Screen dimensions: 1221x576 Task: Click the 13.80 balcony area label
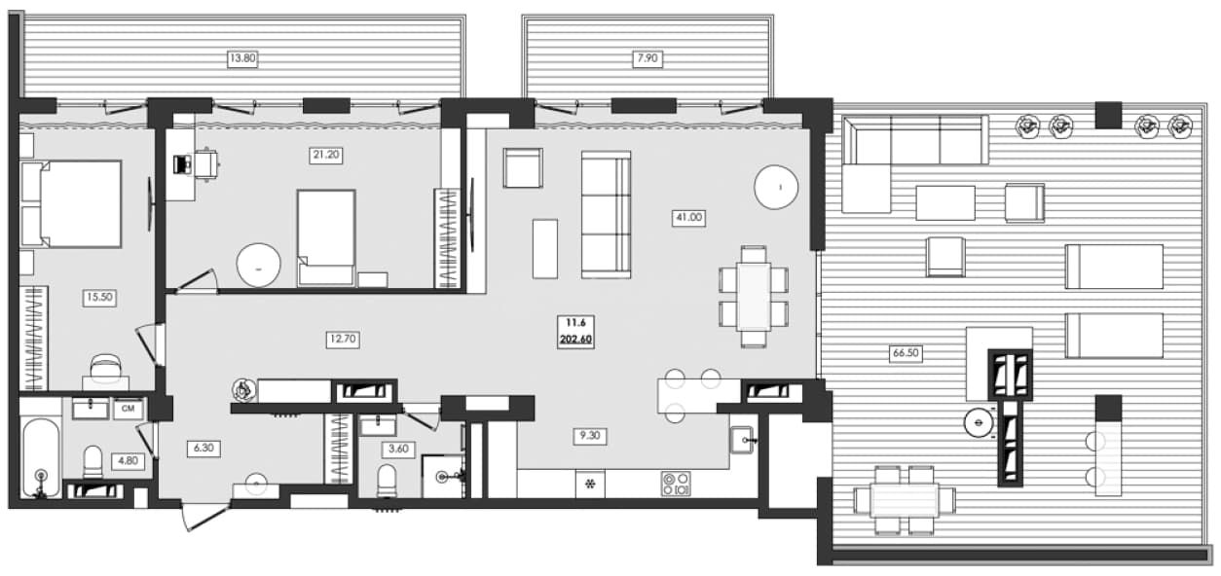[x=242, y=58]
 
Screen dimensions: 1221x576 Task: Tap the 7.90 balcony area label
[x=647, y=58]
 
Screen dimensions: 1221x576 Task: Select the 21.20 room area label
[x=326, y=155]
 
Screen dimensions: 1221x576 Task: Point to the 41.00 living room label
[x=689, y=217]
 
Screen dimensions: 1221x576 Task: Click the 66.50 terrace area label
[x=906, y=353]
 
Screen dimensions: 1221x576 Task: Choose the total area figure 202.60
[x=575, y=340]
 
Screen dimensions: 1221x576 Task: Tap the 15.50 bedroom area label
[x=99, y=298]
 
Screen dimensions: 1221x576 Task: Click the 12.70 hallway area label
[x=343, y=340]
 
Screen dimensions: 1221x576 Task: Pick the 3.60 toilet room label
[x=398, y=450]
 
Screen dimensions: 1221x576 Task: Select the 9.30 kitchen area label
[x=590, y=436]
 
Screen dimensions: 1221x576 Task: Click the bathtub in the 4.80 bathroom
[x=41, y=457]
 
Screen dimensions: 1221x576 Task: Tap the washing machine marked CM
[x=129, y=409]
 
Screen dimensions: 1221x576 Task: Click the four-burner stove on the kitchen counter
[x=676, y=484]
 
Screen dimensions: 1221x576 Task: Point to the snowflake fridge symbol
[x=590, y=484]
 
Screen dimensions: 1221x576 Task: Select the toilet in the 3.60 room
[x=387, y=481]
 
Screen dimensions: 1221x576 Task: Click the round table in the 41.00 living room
[x=776, y=187]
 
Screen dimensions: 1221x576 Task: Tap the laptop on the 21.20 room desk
[x=180, y=164]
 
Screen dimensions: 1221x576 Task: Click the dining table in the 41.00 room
[x=754, y=297]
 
